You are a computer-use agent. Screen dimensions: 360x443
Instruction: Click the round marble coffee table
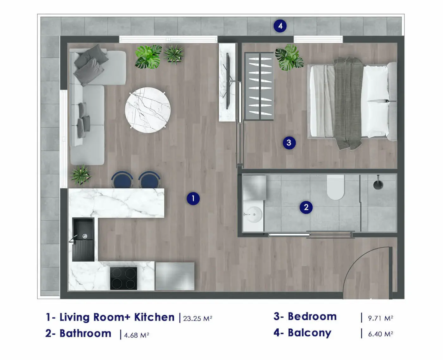tap(148, 110)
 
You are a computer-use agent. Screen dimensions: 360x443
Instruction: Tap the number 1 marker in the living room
tap(193, 199)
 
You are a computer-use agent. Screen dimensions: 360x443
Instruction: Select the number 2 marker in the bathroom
tap(306, 207)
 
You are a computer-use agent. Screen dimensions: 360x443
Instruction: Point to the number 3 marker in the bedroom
tap(289, 143)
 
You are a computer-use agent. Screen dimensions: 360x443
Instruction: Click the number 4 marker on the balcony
tap(280, 26)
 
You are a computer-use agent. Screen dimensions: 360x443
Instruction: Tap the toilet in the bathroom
tap(335, 187)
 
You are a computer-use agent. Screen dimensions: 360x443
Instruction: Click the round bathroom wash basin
tap(254, 215)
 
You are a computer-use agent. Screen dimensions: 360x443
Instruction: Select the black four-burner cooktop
tap(123, 278)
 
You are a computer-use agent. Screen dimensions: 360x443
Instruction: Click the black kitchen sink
tap(83, 239)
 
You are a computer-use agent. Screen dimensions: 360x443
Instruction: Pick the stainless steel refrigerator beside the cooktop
tap(175, 276)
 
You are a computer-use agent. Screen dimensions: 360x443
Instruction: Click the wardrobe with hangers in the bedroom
tap(259, 86)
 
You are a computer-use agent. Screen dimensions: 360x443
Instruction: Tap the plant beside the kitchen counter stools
tap(81, 174)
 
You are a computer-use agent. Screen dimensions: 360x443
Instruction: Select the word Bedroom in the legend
tap(312, 317)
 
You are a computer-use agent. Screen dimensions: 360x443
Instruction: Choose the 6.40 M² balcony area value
tap(380, 334)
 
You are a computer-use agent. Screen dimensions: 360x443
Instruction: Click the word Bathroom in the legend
tap(85, 334)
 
